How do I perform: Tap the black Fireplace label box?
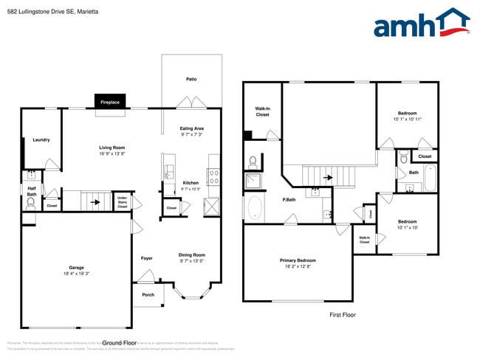click(x=110, y=102)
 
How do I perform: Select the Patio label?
click(x=191, y=79)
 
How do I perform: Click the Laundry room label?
click(x=41, y=139)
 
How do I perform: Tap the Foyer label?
click(x=146, y=258)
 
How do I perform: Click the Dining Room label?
click(x=191, y=255)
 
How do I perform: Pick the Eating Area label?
click(x=192, y=128)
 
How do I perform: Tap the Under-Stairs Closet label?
click(x=122, y=201)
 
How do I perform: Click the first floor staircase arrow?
click(x=326, y=177)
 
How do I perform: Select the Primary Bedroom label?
click(x=298, y=260)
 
